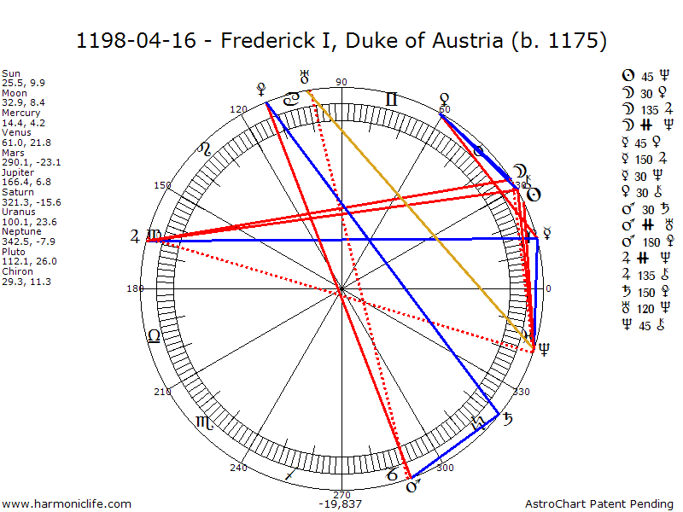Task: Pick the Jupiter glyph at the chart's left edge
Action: pyautogui.click(x=134, y=236)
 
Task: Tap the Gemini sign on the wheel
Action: pyautogui.click(x=392, y=100)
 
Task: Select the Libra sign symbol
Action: pyautogui.click(x=154, y=335)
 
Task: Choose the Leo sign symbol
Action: pyautogui.click(x=205, y=150)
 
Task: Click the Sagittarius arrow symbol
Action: pyautogui.click(x=291, y=472)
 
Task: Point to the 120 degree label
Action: pyautogui.click(x=238, y=109)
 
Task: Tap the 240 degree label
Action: pyautogui.click(x=238, y=468)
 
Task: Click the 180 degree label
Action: pyautogui.click(x=135, y=288)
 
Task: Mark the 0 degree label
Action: pyautogui.click(x=548, y=288)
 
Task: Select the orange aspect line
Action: pyautogui.click(x=418, y=218)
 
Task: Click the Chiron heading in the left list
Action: pyautogui.click(x=15, y=271)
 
